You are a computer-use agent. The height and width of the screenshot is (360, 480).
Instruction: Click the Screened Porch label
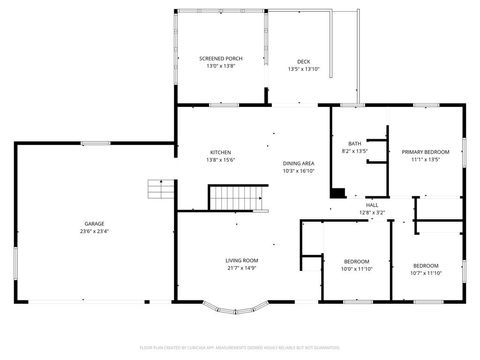221,58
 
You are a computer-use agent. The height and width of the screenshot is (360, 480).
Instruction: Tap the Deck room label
303,61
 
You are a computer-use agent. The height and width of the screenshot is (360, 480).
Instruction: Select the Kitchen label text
220,152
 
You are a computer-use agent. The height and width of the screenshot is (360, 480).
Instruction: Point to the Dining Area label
298,163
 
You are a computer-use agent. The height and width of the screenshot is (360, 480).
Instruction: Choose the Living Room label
242,260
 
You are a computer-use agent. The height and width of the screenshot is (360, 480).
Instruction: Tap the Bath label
355,144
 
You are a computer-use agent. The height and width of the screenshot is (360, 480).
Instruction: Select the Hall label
371,205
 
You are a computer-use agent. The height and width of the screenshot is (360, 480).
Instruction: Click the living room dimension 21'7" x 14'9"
242,268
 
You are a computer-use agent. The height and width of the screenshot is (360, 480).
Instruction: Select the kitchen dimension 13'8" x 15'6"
220,160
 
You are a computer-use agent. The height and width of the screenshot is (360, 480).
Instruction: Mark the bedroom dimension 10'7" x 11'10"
425,273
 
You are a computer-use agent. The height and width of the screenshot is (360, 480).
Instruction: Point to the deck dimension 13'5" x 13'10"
303,69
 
